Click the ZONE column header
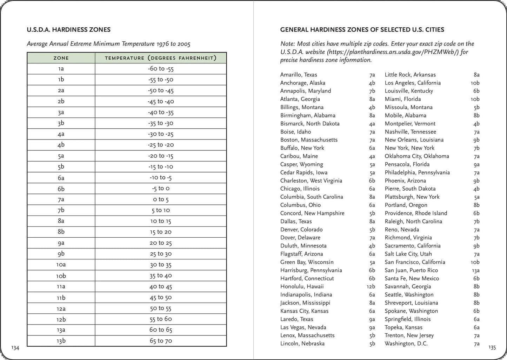(x=61, y=58)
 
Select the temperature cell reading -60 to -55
(x=161, y=69)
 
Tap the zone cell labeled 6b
(x=61, y=189)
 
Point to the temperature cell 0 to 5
(x=161, y=199)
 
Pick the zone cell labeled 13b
(x=61, y=341)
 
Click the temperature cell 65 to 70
(x=161, y=341)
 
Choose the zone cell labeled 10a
(x=61, y=265)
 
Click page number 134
(x=15, y=348)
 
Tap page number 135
(x=492, y=348)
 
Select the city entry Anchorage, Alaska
(x=302, y=83)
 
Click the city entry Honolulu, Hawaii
(x=302, y=286)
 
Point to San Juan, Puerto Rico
(x=411, y=270)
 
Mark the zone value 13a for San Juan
(x=475, y=270)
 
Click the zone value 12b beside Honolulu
(x=371, y=286)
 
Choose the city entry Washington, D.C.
(x=406, y=344)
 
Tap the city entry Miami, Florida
(x=402, y=99)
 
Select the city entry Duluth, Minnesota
(x=303, y=246)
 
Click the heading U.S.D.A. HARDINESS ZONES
(x=68, y=30)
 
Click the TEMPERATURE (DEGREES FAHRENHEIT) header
(x=161, y=58)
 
